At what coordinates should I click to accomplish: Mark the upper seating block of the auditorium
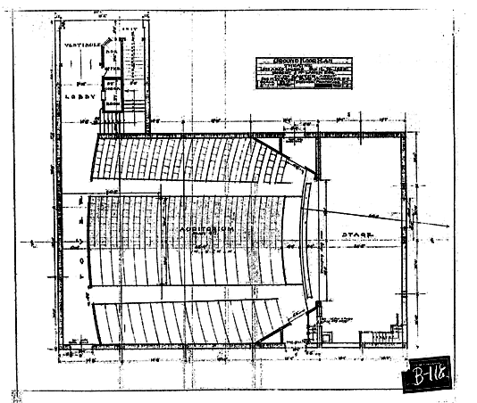192,159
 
